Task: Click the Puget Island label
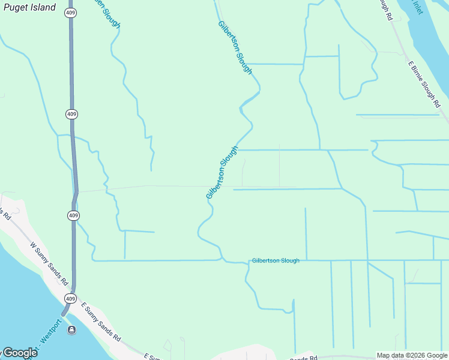point(29,8)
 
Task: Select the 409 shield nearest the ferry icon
point(71,298)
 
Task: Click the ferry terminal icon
point(72,329)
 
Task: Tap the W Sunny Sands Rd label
point(47,262)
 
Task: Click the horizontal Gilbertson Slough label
point(276,260)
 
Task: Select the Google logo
point(19,353)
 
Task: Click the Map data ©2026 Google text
point(412,355)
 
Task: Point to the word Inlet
point(417,7)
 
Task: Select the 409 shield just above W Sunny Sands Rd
point(73,215)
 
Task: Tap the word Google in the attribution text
point(437,355)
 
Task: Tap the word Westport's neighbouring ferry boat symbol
point(72,329)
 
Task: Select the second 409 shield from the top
point(71,114)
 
